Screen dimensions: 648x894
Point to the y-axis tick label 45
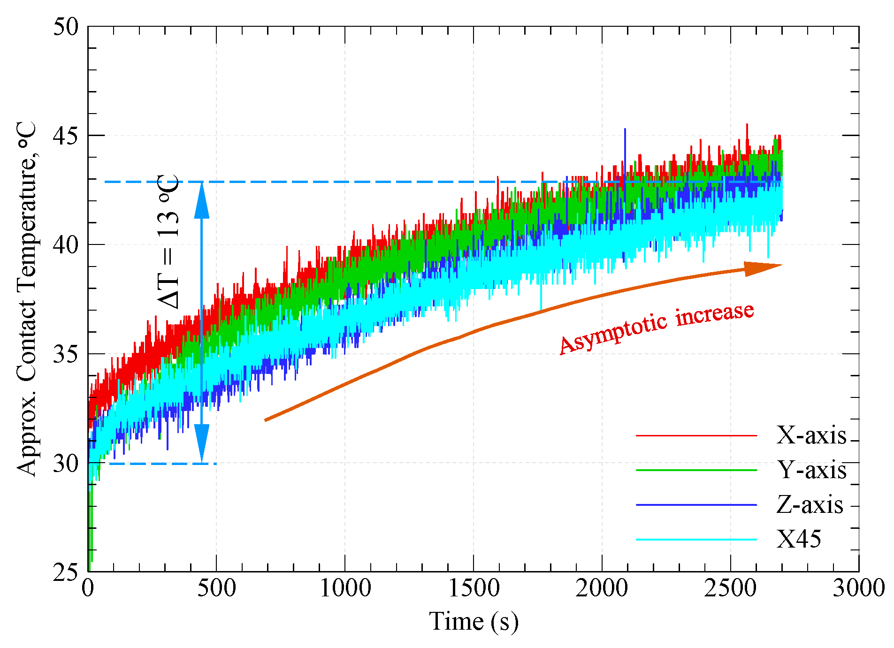point(65,135)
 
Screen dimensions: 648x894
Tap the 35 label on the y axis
point(65,354)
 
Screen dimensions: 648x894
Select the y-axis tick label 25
point(65,572)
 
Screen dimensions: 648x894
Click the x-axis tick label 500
point(216,588)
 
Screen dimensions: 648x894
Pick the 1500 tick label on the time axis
point(474,588)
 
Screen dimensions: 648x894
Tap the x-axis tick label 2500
point(730,588)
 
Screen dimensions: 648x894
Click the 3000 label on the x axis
point(859,588)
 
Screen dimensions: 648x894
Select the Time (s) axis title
point(474,621)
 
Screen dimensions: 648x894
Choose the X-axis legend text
point(811,435)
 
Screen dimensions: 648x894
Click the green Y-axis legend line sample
point(696,470)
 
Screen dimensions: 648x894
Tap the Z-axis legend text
point(810,505)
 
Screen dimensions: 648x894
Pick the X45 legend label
point(799,539)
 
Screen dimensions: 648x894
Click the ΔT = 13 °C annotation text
point(168,242)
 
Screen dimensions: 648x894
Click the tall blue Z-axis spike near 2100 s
point(625,141)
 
